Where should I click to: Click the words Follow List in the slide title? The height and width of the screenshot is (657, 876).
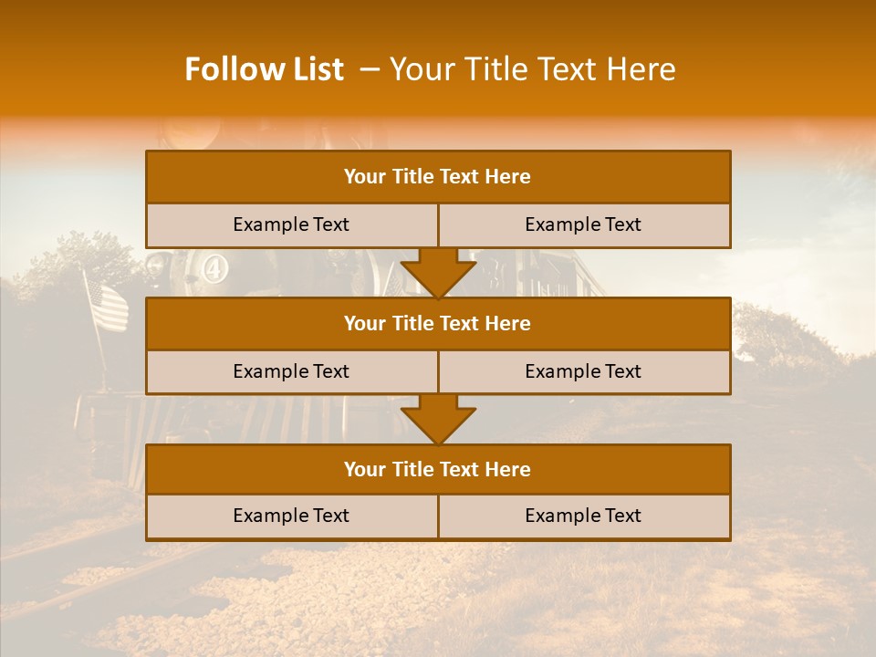pos(264,69)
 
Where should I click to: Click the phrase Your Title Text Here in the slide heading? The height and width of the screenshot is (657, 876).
pos(532,69)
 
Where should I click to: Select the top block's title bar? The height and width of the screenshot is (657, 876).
pos(438,177)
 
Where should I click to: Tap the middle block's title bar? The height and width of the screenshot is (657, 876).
pos(438,323)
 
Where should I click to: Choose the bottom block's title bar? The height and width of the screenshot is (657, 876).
pos(438,469)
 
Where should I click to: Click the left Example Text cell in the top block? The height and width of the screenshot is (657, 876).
pos(291,224)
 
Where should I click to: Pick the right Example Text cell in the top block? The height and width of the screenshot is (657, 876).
pos(583,224)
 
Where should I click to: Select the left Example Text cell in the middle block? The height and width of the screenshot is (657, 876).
pos(291,371)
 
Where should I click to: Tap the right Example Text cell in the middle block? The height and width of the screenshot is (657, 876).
pos(583,371)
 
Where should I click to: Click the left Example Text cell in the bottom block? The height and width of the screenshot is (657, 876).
pos(291,516)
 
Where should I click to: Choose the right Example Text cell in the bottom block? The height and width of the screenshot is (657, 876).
pos(583,516)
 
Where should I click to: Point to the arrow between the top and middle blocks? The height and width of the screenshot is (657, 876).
pos(438,273)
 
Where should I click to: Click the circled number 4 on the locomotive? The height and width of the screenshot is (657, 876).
pos(215,269)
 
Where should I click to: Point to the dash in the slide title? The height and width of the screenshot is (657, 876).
pos(370,69)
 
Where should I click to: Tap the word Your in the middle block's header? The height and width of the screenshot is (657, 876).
pos(364,323)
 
